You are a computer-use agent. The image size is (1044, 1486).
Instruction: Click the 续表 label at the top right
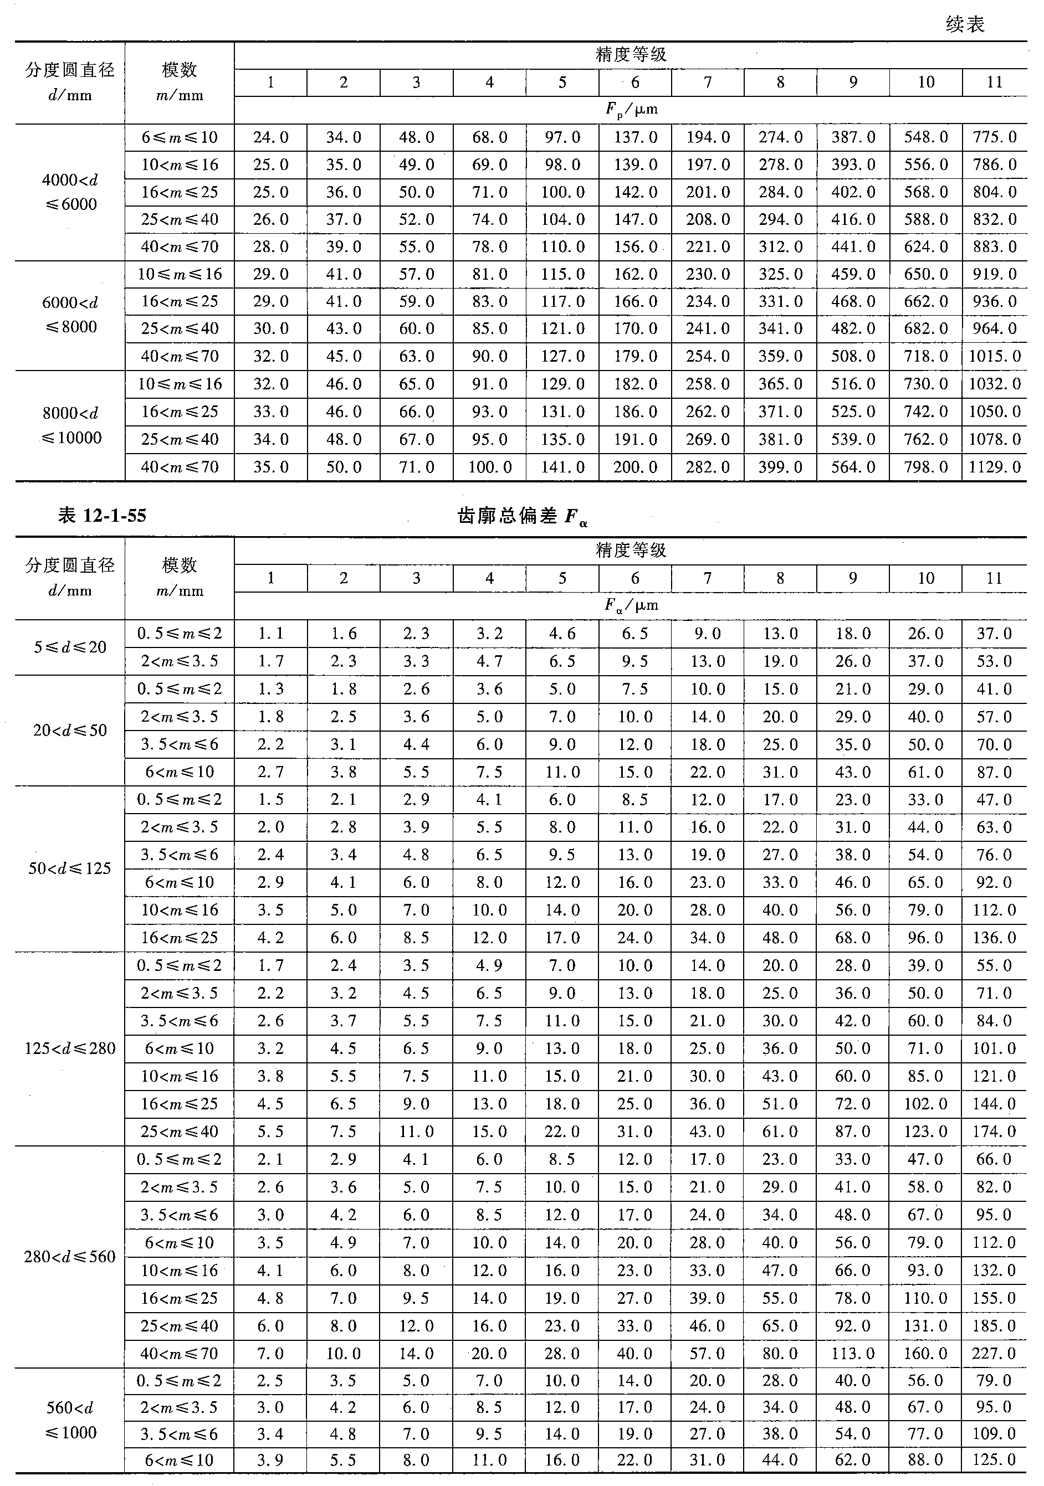pos(964,24)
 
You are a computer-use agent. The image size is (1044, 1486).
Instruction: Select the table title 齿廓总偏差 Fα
pos(522,517)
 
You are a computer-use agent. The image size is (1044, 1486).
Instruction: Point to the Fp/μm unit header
pos(631,109)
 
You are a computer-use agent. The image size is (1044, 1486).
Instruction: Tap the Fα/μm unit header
pos(631,606)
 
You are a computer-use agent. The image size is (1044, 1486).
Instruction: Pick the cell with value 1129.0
pos(994,467)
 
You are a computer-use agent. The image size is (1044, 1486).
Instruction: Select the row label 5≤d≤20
pos(70,647)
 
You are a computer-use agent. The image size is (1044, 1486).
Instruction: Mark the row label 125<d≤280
pos(70,1048)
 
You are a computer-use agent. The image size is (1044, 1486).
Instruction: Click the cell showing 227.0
pos(994,1353)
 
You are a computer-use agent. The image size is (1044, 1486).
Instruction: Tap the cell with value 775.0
pos(994,137)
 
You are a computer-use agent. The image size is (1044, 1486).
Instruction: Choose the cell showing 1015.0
pos(994,356)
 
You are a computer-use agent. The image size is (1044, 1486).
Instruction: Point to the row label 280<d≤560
pos(70,1257)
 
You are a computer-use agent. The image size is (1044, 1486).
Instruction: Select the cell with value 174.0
pos(994,1132)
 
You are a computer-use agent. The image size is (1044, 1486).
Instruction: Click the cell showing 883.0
pos(994,246)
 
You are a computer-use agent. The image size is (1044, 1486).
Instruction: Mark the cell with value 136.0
pos(994,937)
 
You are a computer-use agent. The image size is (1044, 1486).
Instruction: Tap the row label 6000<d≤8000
pos(70,315)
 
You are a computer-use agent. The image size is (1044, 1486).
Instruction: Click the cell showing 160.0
pos(925,1353)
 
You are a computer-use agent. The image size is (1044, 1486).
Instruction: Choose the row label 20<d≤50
pos(70,731)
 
